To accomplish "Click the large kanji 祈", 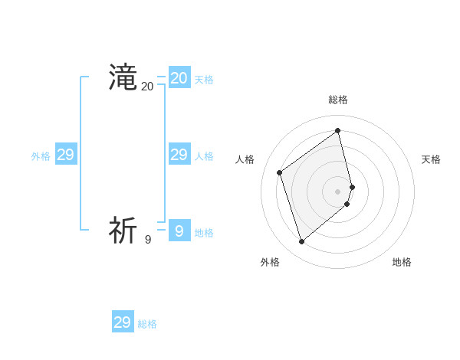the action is click(x=123, y=230).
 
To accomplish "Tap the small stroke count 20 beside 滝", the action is click(x=147, y=87).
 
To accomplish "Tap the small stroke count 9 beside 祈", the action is click(x=148, y=240).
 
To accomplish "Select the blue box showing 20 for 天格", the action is click(x=179, y=78).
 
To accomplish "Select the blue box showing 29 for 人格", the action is click(x=179, y=155).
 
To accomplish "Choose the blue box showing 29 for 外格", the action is click(x=66, y=155).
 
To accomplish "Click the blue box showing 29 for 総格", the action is click(x=123, y=322).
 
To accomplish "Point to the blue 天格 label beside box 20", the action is click(x=204, y=80).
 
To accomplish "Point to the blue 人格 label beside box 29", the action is click(x=204, y=156).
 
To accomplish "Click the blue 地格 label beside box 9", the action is click(x=204, y=233).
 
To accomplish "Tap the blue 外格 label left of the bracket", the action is click(x=41, y=156).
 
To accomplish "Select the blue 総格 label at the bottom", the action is click(x=147, y=324).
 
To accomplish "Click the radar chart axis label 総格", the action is click(x=338, y=100).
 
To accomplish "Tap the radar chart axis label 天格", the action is click(x=431, y=159).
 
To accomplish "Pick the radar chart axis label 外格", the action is click(x=270, y=262).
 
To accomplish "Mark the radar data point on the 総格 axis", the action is click(x=338, y=130).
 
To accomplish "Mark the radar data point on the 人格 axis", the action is click(x=280, y=172).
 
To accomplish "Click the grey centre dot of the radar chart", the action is click(x=338, y=191).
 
